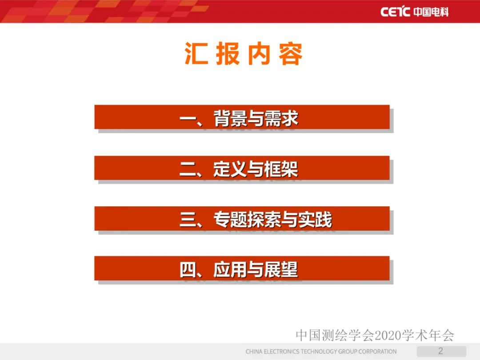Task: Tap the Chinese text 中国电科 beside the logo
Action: pos(431,12)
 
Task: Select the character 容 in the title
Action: pos(291,55)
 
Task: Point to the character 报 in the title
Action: pos(228,55)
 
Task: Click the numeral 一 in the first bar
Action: pos(188,119)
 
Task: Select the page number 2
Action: pos(441,351)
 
